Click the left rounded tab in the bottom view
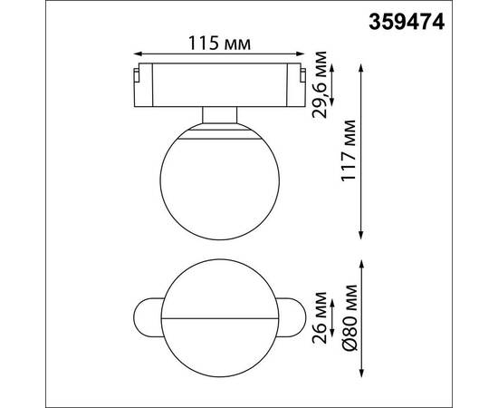[147, 321]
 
